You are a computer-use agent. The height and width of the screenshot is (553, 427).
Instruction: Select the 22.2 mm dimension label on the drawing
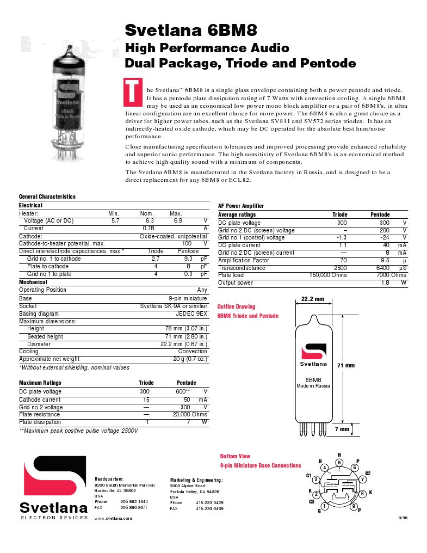[312, 299]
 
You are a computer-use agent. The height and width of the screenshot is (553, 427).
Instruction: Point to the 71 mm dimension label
[346, 365]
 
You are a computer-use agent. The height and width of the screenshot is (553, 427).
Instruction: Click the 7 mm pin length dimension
[342, 429]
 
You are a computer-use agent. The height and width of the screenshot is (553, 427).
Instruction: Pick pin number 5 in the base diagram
[339, 463]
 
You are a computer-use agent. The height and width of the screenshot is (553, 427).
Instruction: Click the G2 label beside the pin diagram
[368, 473]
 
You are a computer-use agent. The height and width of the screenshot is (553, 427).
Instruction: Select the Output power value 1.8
[385, 283]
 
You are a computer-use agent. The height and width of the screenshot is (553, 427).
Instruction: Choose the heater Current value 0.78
[148, 229]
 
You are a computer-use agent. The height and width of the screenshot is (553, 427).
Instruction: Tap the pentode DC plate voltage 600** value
[182, 391]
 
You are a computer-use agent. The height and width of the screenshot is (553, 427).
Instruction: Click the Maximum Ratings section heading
[40, 383]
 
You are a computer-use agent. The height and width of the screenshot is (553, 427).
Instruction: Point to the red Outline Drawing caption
[236, 307]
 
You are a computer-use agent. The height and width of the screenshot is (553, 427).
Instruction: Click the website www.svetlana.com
[113, 519]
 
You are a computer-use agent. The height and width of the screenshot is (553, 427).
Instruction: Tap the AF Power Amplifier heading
[241, 206]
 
